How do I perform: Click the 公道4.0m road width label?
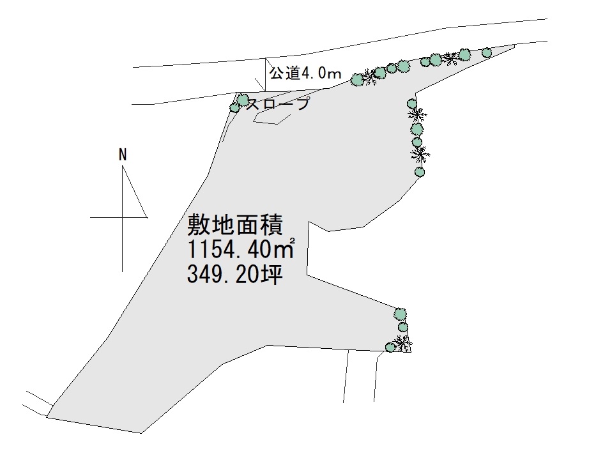305,73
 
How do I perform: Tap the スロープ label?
279,103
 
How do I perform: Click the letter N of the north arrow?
123,155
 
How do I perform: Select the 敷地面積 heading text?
235,224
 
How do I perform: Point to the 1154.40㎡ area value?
240,249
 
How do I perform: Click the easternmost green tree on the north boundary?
486,52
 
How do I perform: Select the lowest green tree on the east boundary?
420,172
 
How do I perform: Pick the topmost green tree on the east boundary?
411,103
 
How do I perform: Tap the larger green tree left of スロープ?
243,100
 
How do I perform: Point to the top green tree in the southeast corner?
400,314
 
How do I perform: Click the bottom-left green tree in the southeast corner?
390,347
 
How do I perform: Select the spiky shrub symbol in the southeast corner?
402,342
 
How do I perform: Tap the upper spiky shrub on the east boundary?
417,114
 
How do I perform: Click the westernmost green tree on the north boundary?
357,80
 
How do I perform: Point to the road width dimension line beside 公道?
266,74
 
